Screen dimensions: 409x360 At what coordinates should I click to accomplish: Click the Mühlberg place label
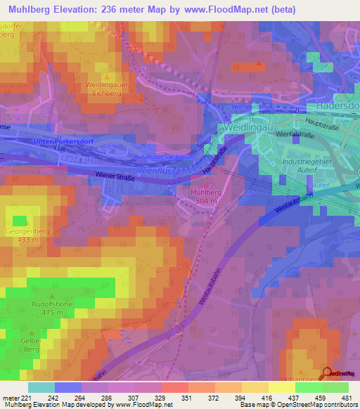point(206,191)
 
